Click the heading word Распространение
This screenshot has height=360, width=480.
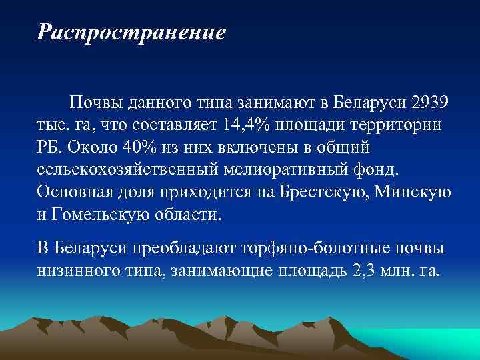132,32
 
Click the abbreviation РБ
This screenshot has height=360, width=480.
49,147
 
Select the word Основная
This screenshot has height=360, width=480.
77,191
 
